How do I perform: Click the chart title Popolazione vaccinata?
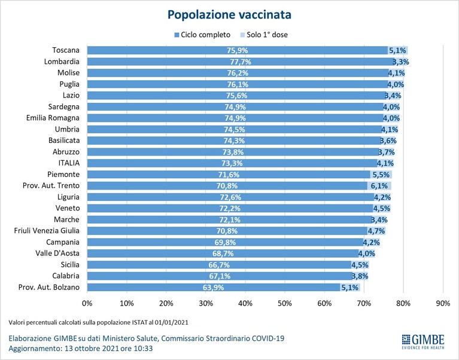229,14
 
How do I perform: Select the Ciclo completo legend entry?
202,35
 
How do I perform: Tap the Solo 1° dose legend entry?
264,35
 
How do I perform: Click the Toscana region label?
66,50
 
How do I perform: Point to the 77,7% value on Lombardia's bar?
241,62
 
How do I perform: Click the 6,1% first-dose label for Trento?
379,186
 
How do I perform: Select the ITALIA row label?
69,163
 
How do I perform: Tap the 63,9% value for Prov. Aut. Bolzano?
214,288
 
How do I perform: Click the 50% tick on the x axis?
285,303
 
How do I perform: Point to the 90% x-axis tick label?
443,303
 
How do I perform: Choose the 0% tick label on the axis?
87,303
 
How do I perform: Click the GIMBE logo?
423,341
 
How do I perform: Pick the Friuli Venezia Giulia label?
47,231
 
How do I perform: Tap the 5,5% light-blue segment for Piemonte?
381,175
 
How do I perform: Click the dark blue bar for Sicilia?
219,265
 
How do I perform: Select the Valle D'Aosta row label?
57,254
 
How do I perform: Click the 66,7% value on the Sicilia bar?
219,265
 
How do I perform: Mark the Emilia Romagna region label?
53,118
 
